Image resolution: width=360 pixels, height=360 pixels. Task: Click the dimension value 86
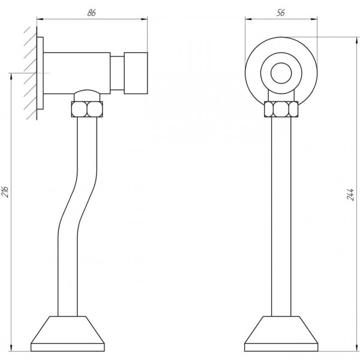click(91, 13)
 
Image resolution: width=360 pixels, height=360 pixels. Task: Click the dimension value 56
click(281, 13)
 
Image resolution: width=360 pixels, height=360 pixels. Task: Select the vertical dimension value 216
click(5, 192)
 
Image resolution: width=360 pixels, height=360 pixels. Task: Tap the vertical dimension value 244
click(350, 194)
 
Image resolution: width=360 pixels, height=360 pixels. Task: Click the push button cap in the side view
click(136, 73)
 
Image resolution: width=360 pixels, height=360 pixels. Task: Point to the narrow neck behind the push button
click(117, 73)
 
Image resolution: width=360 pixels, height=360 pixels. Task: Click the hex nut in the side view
click(87, 109)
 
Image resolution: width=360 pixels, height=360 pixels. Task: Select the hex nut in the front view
click(281, 109)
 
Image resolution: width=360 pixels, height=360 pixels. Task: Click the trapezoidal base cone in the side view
click(67, 329)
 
